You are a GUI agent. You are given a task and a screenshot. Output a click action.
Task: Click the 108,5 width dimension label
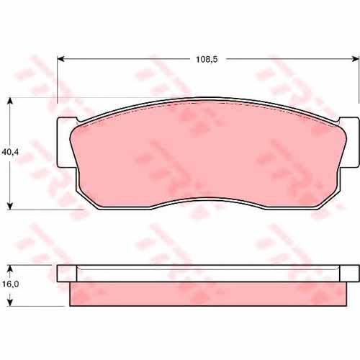click(207, 59)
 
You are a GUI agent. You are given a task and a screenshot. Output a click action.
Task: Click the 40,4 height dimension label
click(10, 152)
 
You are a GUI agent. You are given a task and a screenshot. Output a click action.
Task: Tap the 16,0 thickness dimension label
click(11, 284)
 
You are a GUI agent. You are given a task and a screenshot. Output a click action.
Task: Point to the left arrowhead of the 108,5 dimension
click(61, 59)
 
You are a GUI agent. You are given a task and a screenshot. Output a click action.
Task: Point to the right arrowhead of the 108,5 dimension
click(356, 59)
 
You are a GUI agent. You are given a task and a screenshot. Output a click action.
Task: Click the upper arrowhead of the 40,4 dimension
click(10, 101)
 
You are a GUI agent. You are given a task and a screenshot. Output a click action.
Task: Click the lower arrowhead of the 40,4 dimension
click(10, 206)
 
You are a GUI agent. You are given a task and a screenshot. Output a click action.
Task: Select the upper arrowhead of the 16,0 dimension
click(10, 269)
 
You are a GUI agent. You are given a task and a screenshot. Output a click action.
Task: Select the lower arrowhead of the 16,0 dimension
click(10, 302)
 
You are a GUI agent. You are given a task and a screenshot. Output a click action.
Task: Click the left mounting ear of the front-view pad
click(66, 143)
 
